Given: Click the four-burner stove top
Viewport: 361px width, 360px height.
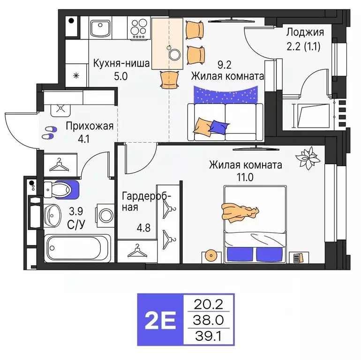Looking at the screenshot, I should pyautogui.click(x=139, y=29).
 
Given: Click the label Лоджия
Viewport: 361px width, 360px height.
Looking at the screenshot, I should pyautogui.click(x=305, y=32).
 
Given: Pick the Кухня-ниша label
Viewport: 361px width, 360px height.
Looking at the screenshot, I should pyautogui.click(x=121, y=64).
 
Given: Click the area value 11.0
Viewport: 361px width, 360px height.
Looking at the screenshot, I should pyautogui.click(x=245, y=177).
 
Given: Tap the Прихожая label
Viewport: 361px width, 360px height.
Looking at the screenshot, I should pyautogui.click(x=90, y=126).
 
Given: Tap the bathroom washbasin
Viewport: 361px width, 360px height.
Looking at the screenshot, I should pyautogui.click(x=53, y=215).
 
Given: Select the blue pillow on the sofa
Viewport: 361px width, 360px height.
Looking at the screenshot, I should pyautogui.click(x=218, y=125).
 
